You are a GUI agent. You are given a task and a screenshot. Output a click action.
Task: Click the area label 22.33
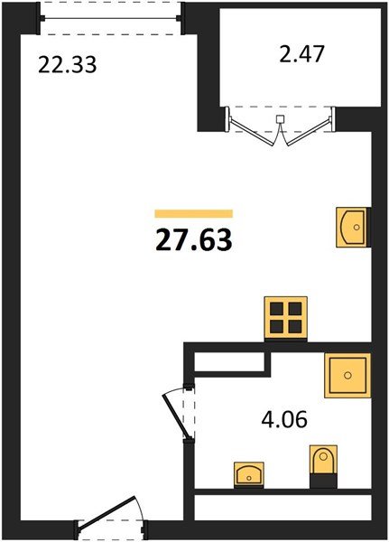pyautogui.click(x=67, y=65)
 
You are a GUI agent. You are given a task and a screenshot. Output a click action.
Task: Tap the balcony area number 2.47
pyautogui.click(x=301, y=54)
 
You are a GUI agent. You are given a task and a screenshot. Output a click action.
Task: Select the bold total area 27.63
pyautogui.click(x=194, y=240)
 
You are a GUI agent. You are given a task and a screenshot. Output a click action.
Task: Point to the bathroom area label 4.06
pyautogui.click(x=284, y=420)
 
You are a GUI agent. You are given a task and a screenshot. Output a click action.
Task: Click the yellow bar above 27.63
pyautogui.click(x=194, y=213)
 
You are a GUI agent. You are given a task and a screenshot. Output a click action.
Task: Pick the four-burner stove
pyautogui.click(x=285, y=317)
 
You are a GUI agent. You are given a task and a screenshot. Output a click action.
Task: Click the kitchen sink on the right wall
pyautogui.click(x=351, y=227)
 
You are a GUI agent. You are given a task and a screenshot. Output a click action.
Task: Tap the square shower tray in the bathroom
pyautogui.click(x=347, y=375)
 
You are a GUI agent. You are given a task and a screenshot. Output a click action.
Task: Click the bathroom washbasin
pyautogui.click(x=249, y=474)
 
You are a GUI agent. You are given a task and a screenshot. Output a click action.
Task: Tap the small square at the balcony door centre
pyautogui.click(x=280, y=119)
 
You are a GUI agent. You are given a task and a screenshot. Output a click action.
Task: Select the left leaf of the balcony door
pyautogui.click(x=253, y=132)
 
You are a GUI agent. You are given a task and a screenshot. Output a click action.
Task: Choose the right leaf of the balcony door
pyautogui.click(x=308, y=132)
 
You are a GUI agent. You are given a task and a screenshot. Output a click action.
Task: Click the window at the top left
pyautogui.click(x=110, y=18)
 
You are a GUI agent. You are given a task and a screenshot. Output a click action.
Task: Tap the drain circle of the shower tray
pyautogui.click(x=347, y=375)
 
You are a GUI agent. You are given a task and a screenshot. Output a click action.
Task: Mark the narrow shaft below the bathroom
pyautogui.click(x=282, y=507)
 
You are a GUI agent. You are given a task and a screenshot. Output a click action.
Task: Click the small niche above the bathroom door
pyautogui.click(x=229, y=361)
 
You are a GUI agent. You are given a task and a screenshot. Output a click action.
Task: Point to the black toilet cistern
pyautogui.click(x=323, y=481)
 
